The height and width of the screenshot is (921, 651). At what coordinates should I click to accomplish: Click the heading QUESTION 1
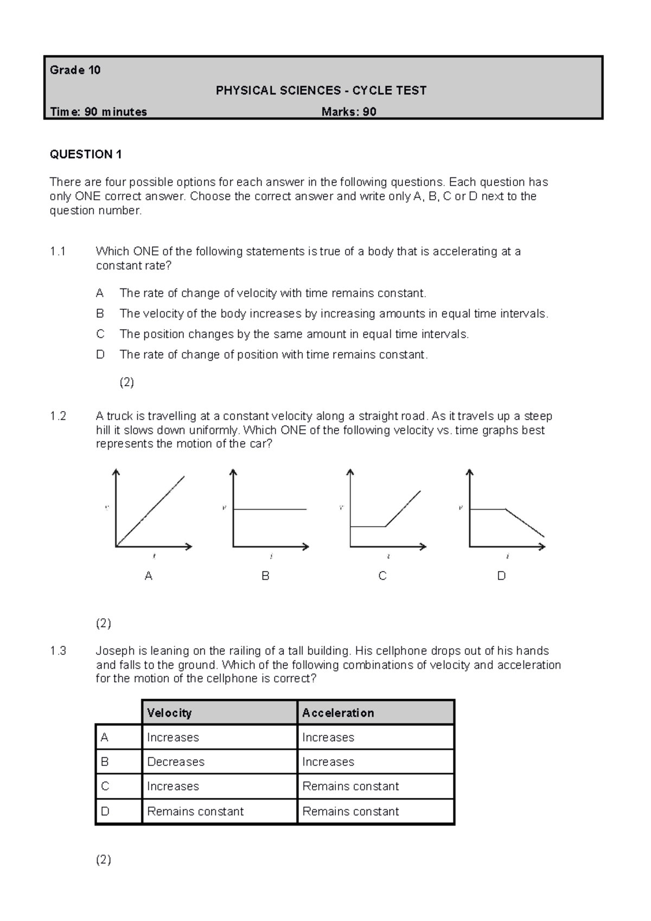coord(86,155)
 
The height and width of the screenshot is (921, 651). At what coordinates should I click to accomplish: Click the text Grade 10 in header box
coord(75,70)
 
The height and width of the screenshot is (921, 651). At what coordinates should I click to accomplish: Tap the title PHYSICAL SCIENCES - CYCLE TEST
coord(321,91)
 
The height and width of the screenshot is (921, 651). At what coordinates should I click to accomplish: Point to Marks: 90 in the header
coord(349,112)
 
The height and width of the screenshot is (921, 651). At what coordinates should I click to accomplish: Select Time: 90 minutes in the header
coord(98,112)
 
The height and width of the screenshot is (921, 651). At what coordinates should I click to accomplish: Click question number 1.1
coord(58,251)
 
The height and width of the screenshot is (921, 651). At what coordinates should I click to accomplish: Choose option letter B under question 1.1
coord(100,314)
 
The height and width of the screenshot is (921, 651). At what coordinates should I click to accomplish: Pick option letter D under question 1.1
coord(100,355)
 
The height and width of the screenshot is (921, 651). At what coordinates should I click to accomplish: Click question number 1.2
coord(58,416)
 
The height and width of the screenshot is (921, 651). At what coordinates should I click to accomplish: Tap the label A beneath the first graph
coord(149,576)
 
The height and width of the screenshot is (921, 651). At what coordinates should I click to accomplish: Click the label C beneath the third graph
coord(382,576)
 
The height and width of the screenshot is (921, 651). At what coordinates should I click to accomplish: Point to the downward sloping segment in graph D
coord(525,523)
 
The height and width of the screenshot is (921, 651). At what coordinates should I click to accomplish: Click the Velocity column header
coord(169,713)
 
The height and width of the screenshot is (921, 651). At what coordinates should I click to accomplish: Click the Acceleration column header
coord(338,713)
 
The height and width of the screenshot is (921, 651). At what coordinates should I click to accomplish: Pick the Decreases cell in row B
coord(176,762)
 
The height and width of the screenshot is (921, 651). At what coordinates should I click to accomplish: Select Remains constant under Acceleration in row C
coord(350,786)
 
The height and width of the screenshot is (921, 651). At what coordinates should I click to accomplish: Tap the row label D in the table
coord(105,811)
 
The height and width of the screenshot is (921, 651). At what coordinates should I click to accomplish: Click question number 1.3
coord(58,651)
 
